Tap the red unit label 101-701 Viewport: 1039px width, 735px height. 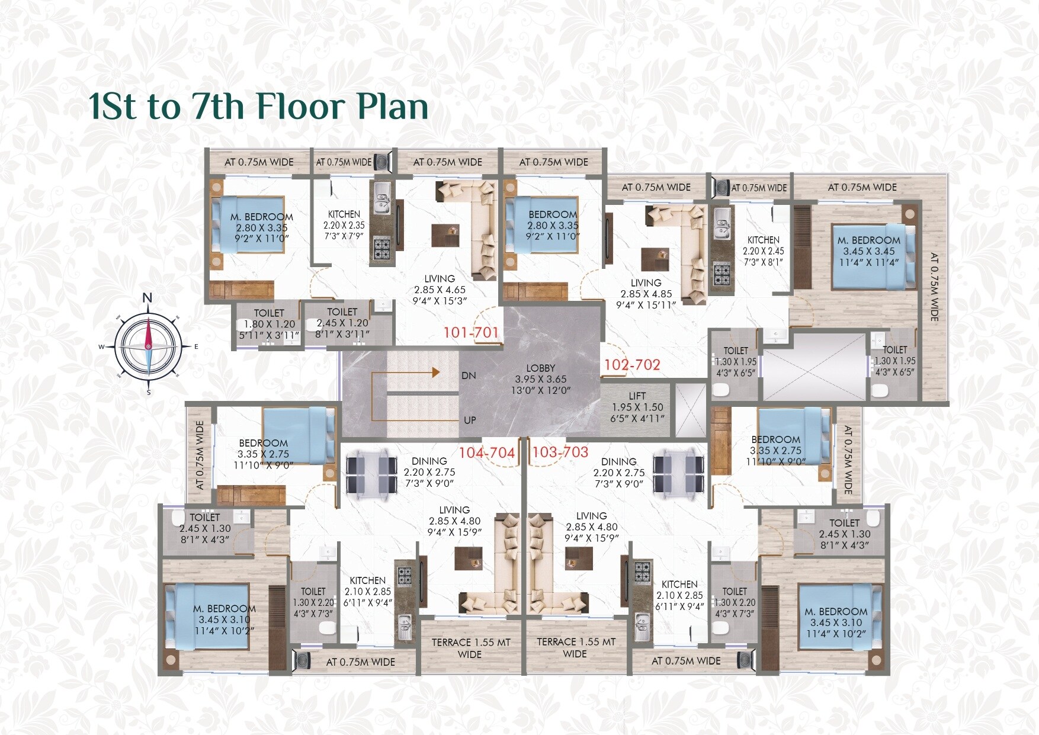[x=471, y=332]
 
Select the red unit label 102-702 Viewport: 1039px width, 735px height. [x=632, y=365]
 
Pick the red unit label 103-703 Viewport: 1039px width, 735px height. [x=560, y=452]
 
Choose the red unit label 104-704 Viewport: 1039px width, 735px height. [x=487, y=452]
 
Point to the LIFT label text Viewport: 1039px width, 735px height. [x=637, y=396]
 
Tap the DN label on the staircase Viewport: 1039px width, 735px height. [x=469, y=375]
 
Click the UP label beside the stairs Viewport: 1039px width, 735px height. [x=470, y=420]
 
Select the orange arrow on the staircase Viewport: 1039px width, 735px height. [x=435, y=373]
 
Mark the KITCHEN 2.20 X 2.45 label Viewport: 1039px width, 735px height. [x=763, y=251]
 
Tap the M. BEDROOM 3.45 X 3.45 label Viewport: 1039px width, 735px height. [x=868, y=251]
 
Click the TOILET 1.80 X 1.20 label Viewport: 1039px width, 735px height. [x=269, y=324]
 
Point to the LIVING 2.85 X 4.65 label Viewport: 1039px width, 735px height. [x=440, y=290]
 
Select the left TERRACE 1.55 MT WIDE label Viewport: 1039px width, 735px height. [x=470, y=648]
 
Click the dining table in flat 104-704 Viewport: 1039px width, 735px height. [x=371, y=474]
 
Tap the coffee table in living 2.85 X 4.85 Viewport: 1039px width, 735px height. [x=655, y=259]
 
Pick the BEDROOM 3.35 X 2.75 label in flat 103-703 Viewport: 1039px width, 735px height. [x=775, y=450]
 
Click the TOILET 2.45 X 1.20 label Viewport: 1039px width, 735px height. [x=342, y=323]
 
